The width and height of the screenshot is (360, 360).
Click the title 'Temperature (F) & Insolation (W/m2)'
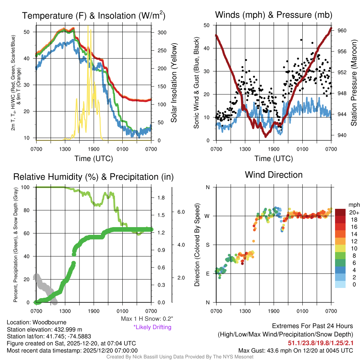click(94, 15)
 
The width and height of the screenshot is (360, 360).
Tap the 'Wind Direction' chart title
click(274, 174)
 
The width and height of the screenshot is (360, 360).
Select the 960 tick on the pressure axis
click(342, 31)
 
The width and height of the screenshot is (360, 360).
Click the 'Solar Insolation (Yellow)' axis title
click(174, 83)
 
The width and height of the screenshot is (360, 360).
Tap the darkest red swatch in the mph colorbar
click(340, 213)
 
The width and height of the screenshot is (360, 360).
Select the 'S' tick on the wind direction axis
click(207, 245)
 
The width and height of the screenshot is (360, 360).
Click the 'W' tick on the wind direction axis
click(207, 216)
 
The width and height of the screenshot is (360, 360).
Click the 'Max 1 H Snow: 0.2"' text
click(147, 319)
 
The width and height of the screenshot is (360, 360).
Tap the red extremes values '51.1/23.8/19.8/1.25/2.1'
click(321, 343)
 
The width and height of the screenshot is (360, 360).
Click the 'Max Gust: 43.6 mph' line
click(296, 350)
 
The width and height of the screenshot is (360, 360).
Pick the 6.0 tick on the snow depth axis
click(181, 212)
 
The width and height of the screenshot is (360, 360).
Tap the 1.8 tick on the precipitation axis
click(161, 198)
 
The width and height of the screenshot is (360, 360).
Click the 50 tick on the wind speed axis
click(207, 25)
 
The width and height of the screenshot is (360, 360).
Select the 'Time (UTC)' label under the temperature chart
click(94, 159)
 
